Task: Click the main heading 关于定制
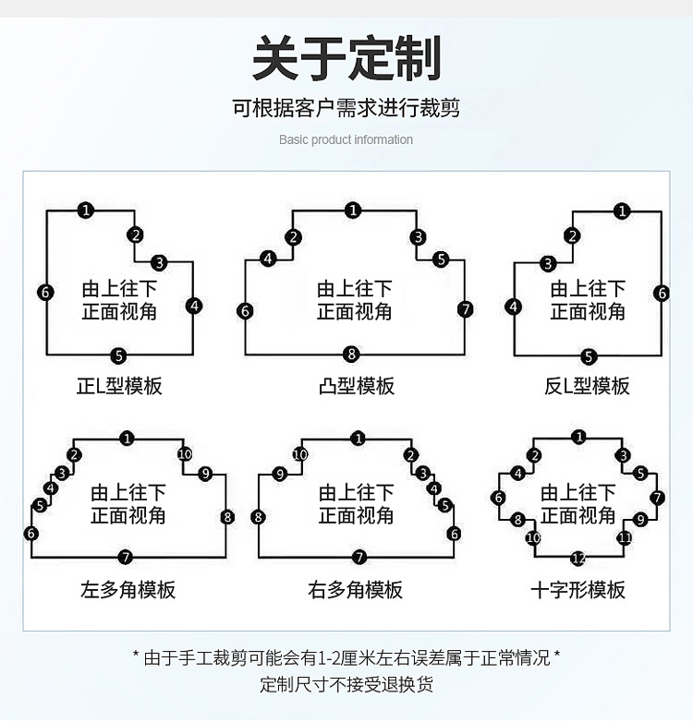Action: point(346,58)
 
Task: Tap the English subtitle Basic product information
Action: point(346,139)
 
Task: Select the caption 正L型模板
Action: point(119,386)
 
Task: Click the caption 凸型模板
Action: point(356,386)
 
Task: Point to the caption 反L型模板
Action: point(587,386)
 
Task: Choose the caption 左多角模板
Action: point(128,590)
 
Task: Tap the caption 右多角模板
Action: point(355,590)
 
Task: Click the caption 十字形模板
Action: point(577,590)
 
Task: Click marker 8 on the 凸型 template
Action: point(351,355)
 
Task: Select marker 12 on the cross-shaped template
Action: point(578,559)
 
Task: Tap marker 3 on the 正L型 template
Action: point(160,263)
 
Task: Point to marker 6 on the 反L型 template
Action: point(663,293)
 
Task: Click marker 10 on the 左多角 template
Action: point(185,454)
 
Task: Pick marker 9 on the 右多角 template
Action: point(280,474)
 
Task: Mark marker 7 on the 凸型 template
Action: point(466,309)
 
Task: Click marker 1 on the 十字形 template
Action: point(579,437)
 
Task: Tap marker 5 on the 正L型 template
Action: point(119,356)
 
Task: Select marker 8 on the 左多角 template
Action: point(227,517)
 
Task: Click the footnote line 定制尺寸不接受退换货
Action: point(346,685)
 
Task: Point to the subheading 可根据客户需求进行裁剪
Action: point(346,108)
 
